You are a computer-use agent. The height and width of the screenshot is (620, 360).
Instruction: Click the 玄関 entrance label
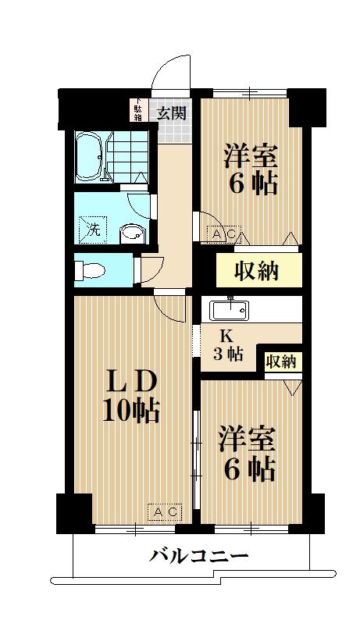173,113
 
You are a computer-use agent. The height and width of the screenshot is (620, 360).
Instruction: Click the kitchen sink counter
230,310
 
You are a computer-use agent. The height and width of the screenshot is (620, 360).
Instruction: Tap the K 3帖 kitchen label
226,344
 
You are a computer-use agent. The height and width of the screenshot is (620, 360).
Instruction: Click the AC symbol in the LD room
166,512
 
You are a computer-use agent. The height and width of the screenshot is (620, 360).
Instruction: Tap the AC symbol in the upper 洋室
225,233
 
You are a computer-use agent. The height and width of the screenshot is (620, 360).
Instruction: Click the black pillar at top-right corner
307,105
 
